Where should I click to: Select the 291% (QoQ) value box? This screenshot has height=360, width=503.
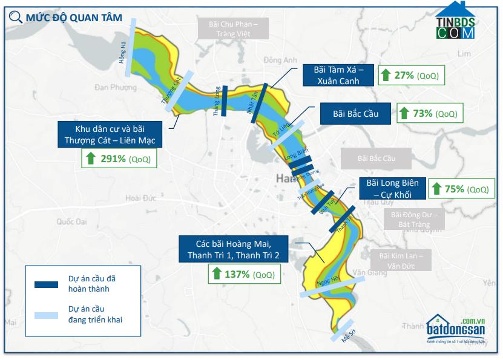pyautogui.click(x=119, y=159)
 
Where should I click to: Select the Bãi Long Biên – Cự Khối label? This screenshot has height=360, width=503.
pyautogui.click(x=393, y=188)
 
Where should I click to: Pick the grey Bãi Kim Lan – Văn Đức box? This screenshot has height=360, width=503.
pyautogui.click(x=401, y=261)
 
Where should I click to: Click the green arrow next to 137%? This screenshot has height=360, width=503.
pyautogui.click(x=217, y=274)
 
